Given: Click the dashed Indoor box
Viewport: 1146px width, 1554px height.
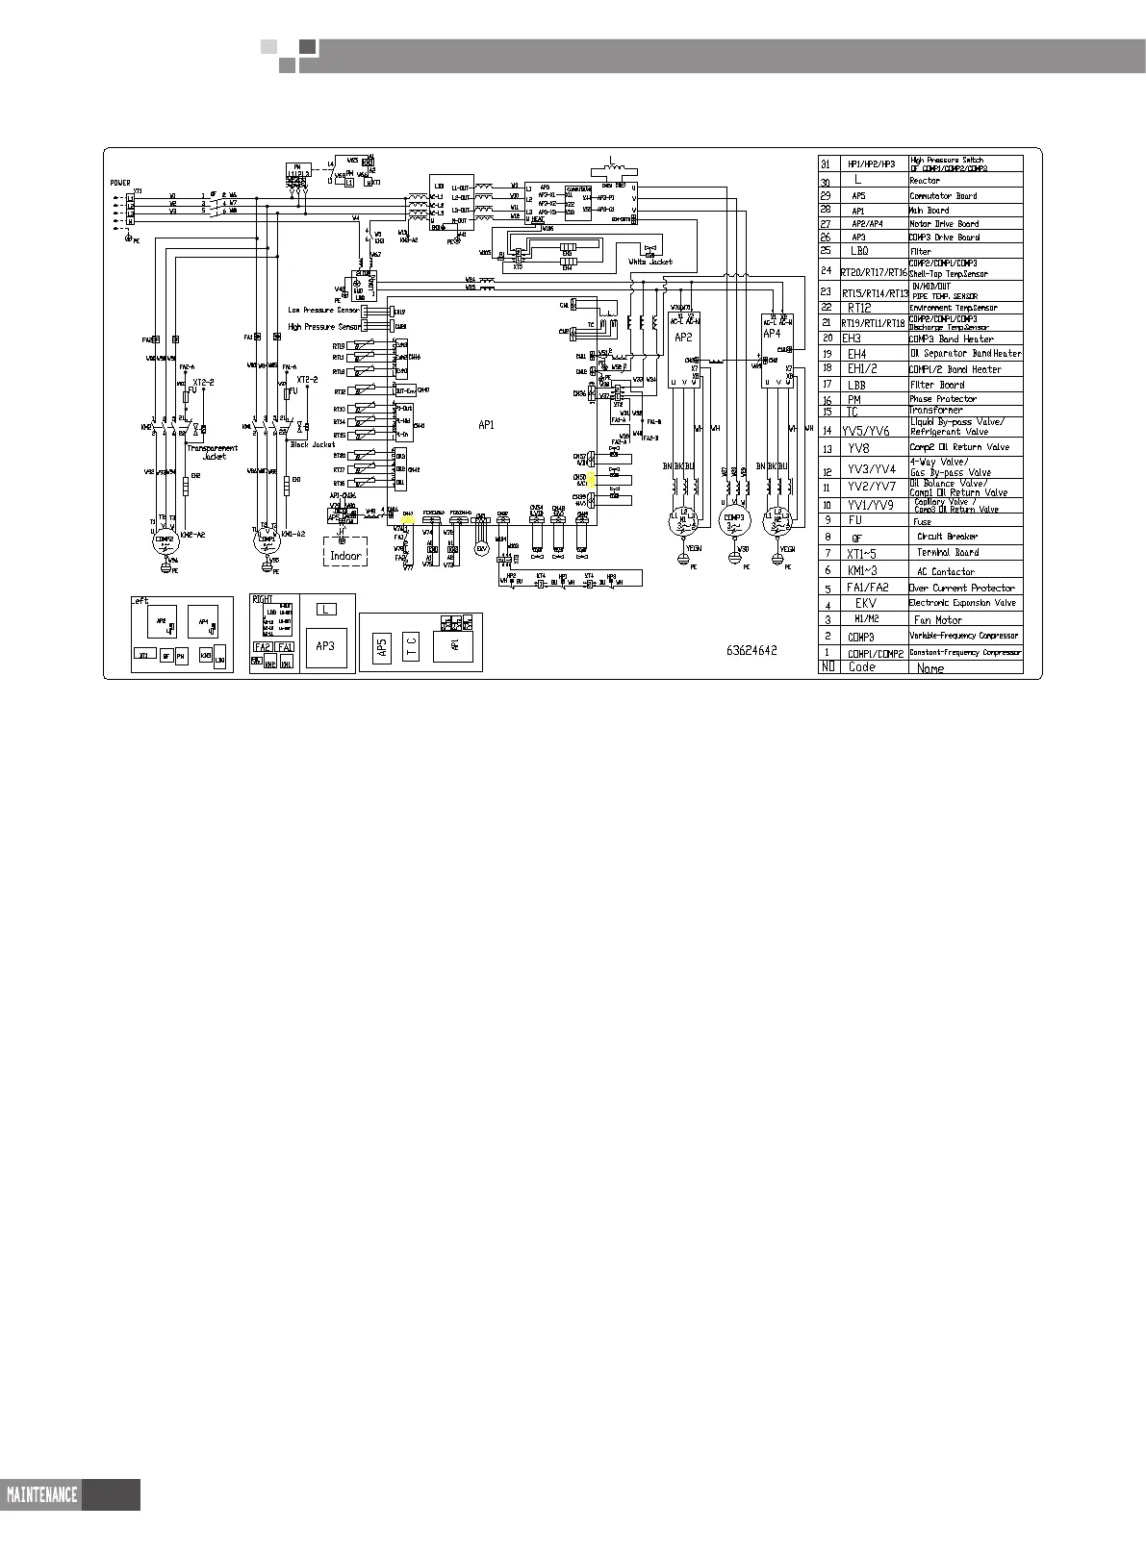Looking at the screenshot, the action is point(345,554).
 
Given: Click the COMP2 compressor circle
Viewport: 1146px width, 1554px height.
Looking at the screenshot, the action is point(167,541).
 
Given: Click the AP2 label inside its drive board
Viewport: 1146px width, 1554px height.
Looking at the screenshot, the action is point(683,338).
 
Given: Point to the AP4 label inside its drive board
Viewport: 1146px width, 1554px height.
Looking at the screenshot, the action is point(772,334).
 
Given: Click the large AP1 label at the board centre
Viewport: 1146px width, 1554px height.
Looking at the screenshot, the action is point(486,424).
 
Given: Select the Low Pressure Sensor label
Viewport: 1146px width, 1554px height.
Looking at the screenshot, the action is point(324,311).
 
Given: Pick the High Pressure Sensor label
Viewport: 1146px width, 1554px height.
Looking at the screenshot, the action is point(324,327).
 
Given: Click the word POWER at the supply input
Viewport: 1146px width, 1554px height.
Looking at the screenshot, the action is point(120,183).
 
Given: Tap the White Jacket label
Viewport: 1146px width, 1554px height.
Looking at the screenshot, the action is point(649,262).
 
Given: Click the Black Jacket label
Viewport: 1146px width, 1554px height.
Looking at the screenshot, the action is point(313,444).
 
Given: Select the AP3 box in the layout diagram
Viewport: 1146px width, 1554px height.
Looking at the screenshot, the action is point(326,647).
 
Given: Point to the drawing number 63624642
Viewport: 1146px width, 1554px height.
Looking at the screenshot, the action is point(751,651).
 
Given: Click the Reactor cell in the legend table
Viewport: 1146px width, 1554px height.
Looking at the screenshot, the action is point(925,181).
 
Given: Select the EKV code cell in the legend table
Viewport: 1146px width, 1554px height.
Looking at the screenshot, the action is point(865,604).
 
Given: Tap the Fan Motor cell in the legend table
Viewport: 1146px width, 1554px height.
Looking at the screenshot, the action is point(937,620).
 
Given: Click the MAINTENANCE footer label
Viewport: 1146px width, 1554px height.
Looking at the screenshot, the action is point(41,1494).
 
